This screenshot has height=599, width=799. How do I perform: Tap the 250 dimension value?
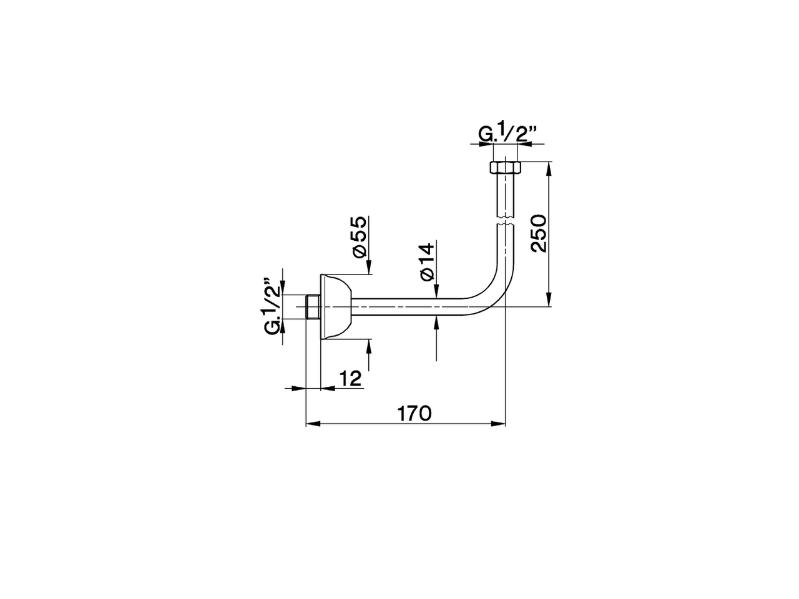pyautogui.click(x=538, y=233)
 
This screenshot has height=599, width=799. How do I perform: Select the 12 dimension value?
pyautogui.click(x=351, y=378)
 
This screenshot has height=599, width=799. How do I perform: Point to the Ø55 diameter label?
pyautogui.click(x=358, y=237)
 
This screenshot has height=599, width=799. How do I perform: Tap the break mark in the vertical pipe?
pyautogui.click(x=504, y=219)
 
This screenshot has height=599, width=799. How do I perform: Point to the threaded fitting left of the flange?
pyautogui.click(x=313, y=307)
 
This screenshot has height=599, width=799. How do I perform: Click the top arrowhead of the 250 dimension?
pyautogui.click(x=549, y=168)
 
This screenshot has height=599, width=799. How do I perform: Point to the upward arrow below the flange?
pyautogui.click(x=370, y=347)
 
